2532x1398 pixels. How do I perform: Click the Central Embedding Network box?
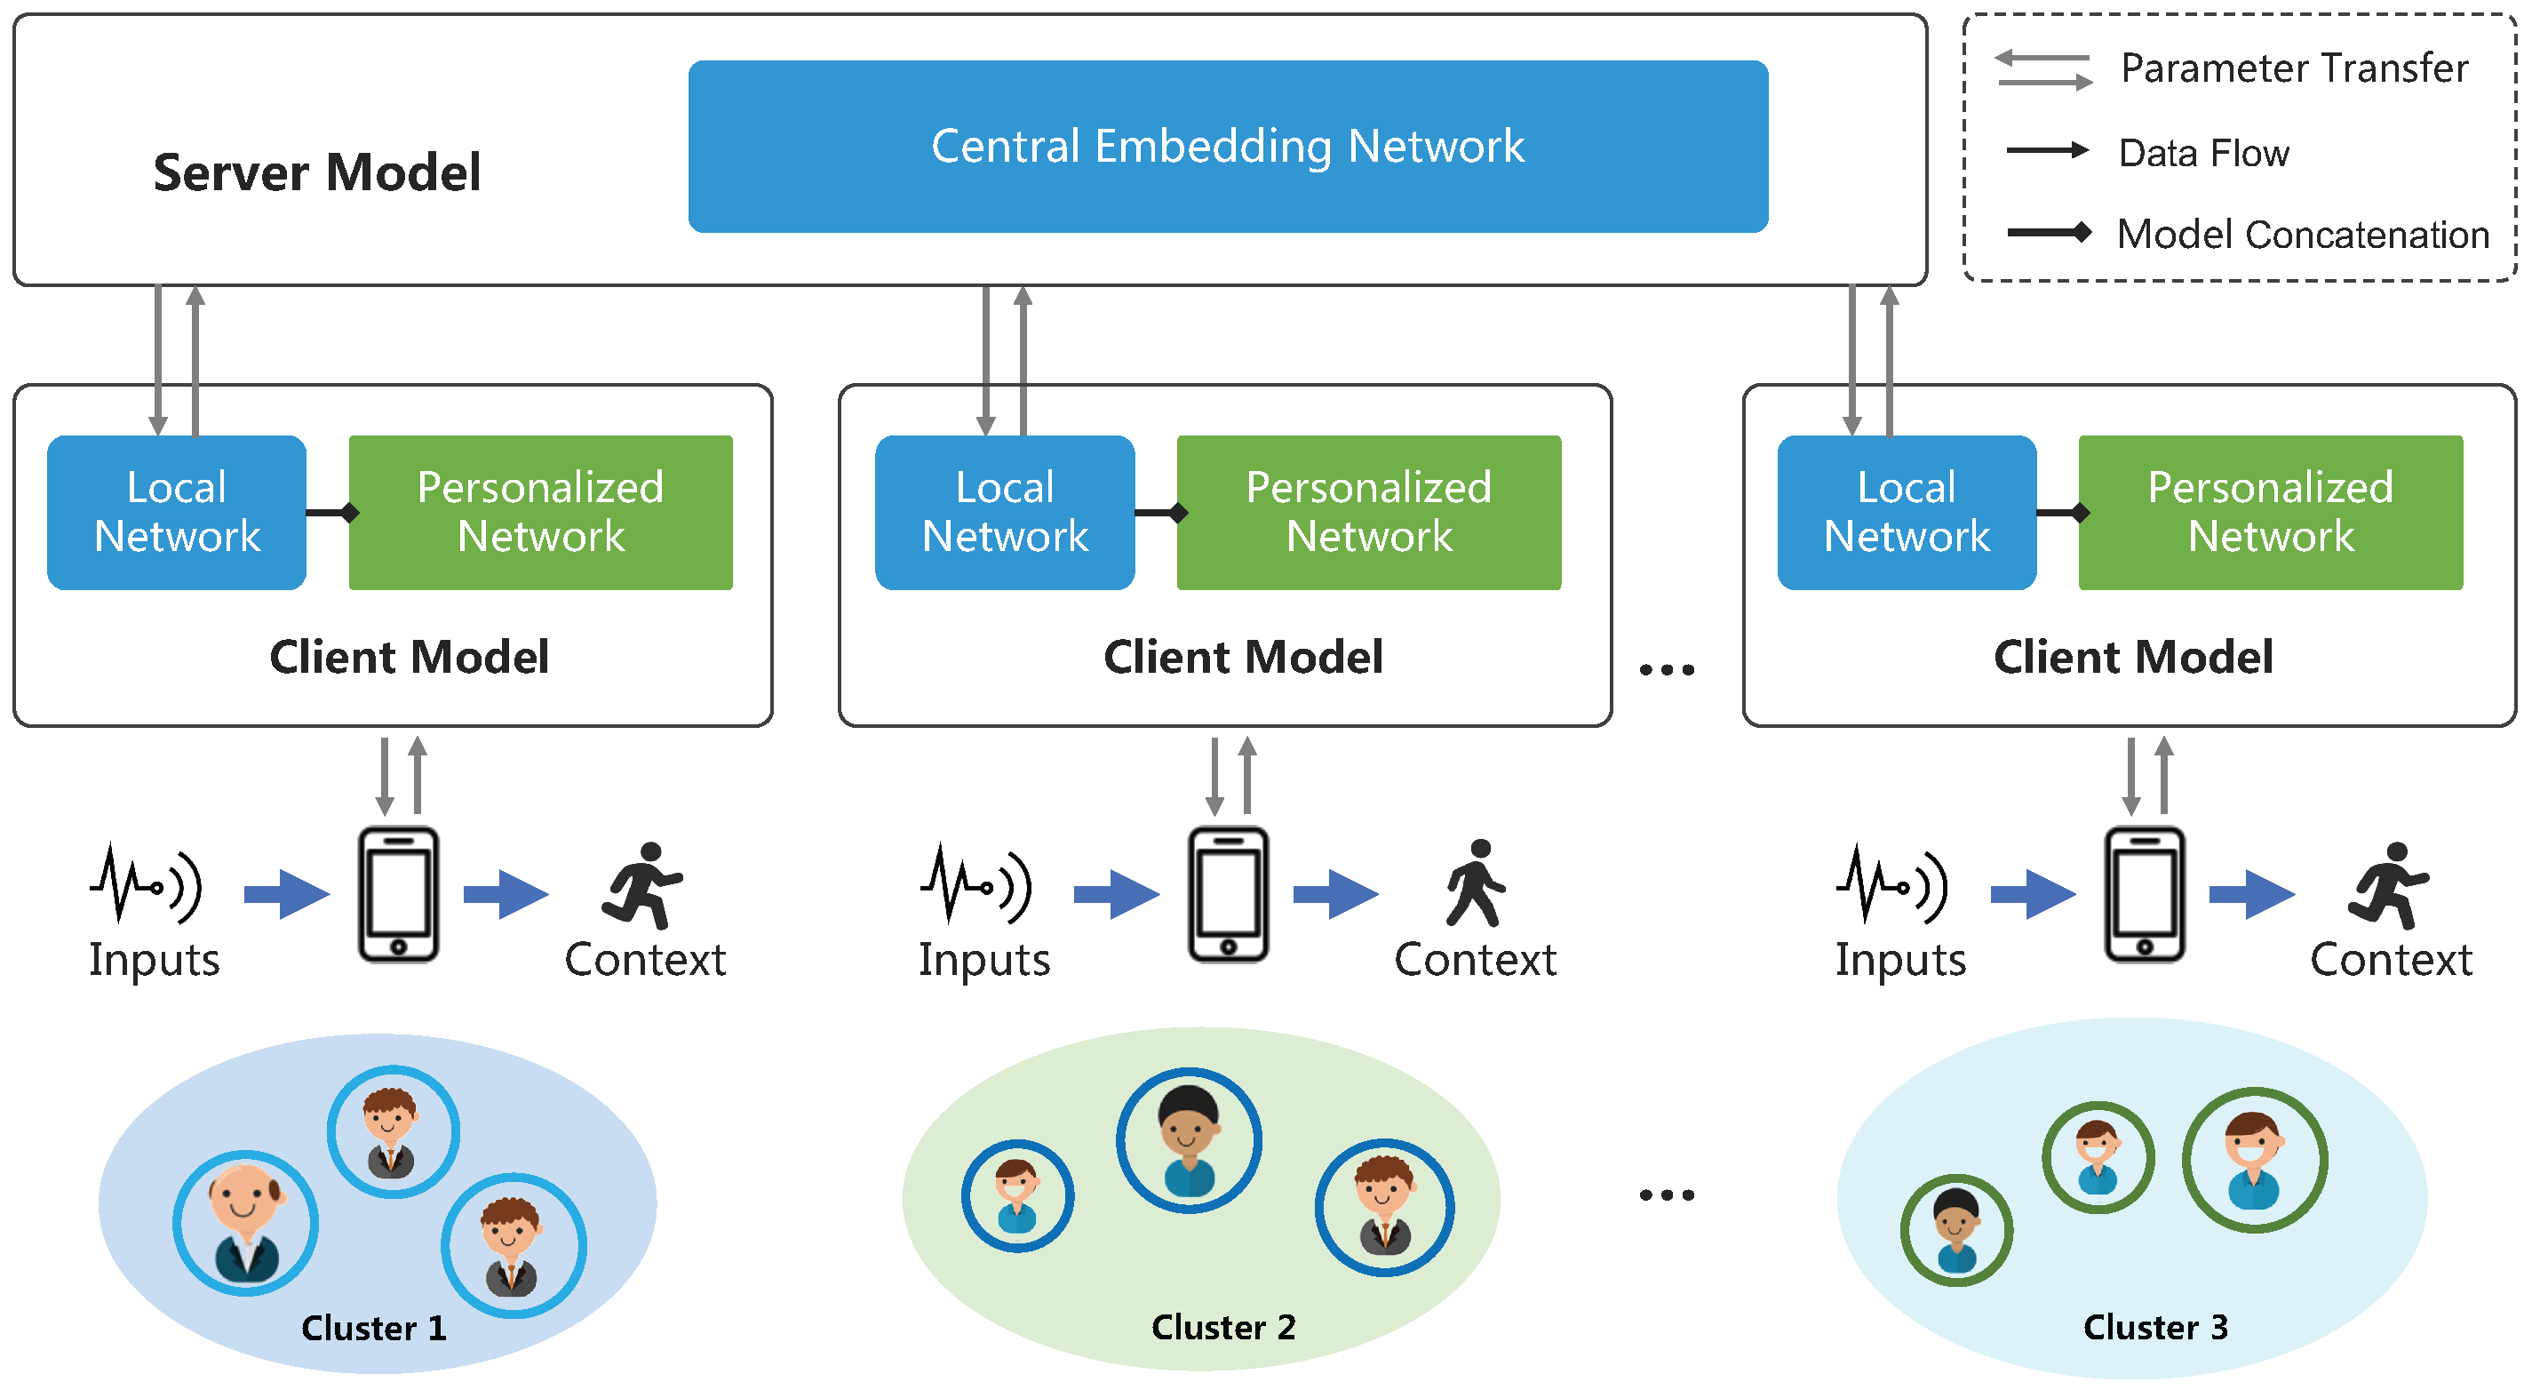tap(1227, 147)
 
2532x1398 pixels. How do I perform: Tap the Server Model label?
tap(316, 173)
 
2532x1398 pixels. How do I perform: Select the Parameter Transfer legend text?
tap(2293, 68)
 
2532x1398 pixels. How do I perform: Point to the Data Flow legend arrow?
tap(2046, 150)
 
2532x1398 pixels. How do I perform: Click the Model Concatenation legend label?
tap(2302, 235)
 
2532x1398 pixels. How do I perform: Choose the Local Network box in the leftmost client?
tap(177, 512)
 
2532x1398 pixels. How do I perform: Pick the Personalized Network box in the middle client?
tap(1368, 512)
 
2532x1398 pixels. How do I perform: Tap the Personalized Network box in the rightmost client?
tap(2270, 512)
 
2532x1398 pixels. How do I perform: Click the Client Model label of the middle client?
tap(1242, 657)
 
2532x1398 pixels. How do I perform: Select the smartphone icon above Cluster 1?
tap(398, 894)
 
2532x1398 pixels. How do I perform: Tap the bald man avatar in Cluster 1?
tap(246, 1222)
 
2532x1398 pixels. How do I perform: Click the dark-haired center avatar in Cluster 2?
tap(1189, 1139)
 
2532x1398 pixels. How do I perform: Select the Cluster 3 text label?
tap(2154, 1327)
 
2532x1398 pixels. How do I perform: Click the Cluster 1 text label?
tap(373, 1328)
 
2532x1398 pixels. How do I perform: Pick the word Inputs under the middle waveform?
tap(983, 960)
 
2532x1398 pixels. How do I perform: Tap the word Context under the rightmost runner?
tap(2390, 960)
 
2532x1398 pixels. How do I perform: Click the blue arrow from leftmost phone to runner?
tap(506, 894)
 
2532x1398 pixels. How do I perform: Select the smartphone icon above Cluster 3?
tap(2144, 894)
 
